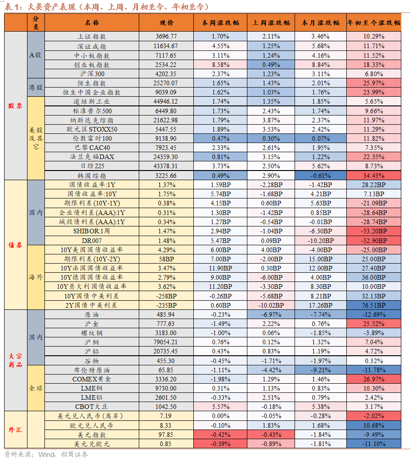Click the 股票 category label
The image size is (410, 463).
click(x=16, y=105)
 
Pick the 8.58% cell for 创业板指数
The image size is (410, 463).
click(x=220, y=65)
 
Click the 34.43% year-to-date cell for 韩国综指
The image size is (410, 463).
click(x=374, y=176)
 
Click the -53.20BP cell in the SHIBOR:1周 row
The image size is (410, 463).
click(x=374, y=231)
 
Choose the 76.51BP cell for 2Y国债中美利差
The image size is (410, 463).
click(x=374, y=305)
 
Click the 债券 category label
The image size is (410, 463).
click(x=16, y=245)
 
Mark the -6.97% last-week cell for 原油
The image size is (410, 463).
click(x=271, y=314)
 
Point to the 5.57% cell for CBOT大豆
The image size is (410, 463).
click(x=220, y=407)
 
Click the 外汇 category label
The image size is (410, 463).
click(x=16, y=430)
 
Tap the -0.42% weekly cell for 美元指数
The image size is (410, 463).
click(x=220, y=435)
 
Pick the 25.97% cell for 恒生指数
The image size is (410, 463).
click(x=374, y=83)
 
